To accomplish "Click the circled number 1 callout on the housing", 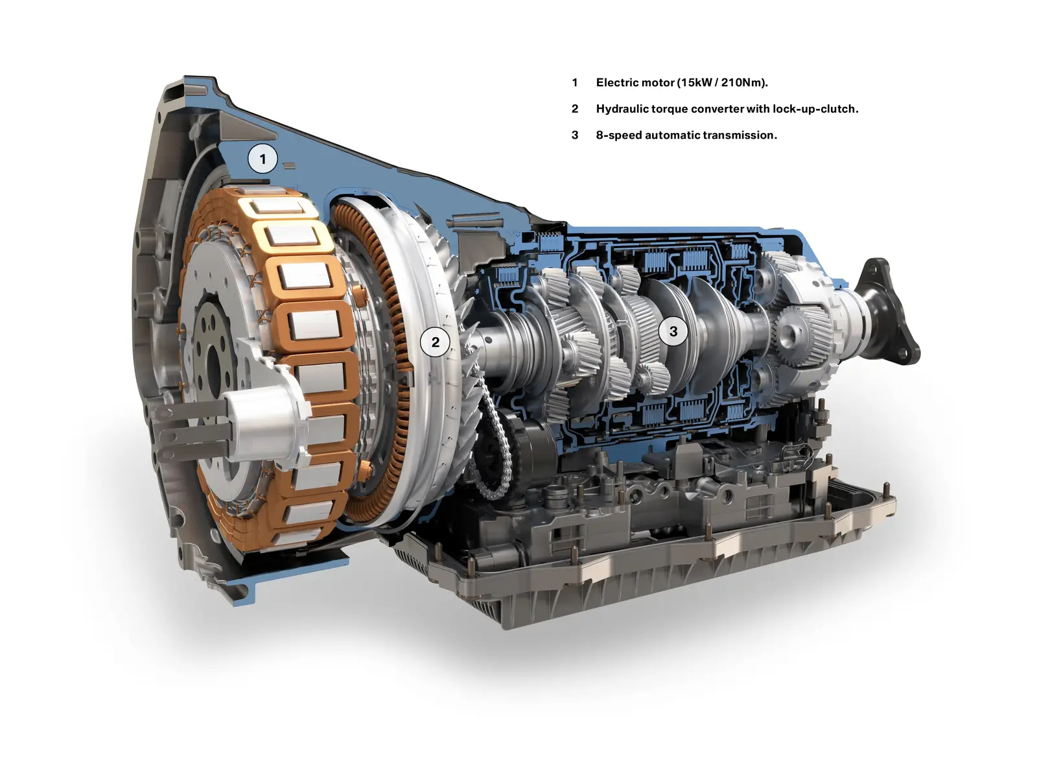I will coord(262,159).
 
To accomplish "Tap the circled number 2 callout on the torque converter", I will coord(435,342).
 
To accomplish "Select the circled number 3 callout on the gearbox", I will coord(673,331).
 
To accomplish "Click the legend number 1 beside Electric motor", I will coord(574,82).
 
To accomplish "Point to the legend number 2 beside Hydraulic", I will coord(574,109).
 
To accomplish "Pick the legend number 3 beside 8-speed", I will coord(574,135).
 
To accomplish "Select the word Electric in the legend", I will coord(617,82).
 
